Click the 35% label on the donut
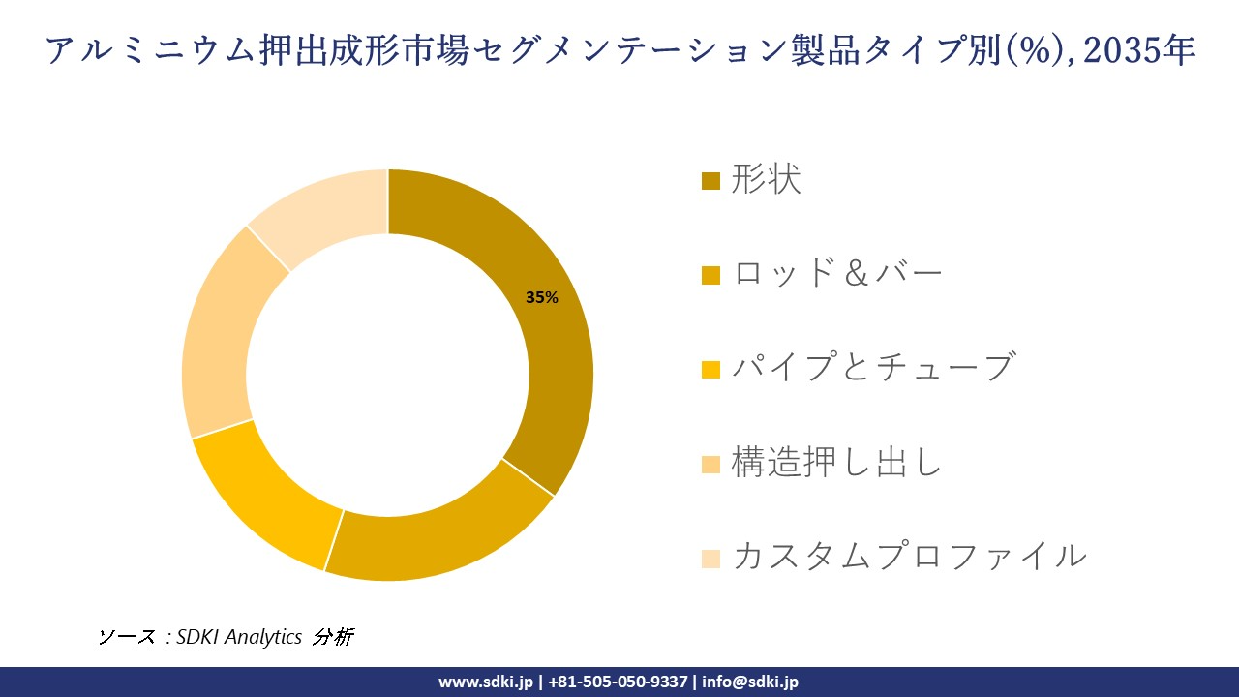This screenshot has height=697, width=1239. coord(542,298)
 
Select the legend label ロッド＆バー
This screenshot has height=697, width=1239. coord(837,274)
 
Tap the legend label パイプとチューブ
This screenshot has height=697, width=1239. coord(872,368)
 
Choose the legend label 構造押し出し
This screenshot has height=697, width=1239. coord(836,463)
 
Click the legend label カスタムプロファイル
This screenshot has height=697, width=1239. coord(909,557)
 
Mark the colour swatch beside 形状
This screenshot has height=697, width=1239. coord(710,181)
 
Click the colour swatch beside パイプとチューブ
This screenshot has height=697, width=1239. coord(710,369)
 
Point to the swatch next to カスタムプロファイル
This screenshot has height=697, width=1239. coord(710,558)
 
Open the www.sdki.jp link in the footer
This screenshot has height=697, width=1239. coord(486,682)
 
